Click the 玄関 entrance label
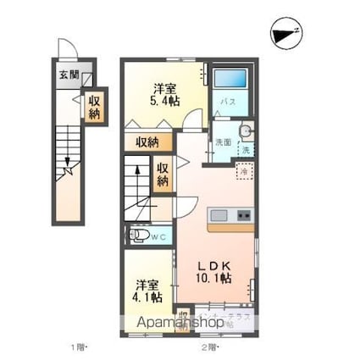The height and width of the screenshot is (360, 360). tap(68, 75)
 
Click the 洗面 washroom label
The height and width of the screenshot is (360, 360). tap(222, 141)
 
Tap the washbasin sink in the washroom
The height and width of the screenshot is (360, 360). tap(244, 131)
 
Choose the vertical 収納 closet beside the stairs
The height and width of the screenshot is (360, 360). tap(162, 174)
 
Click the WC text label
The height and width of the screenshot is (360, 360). tap(159, 236)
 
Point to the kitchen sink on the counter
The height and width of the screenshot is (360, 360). tap(219, 213)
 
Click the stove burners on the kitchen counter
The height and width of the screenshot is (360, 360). tap(243, 213)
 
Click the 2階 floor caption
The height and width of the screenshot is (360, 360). tap(209, 347)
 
